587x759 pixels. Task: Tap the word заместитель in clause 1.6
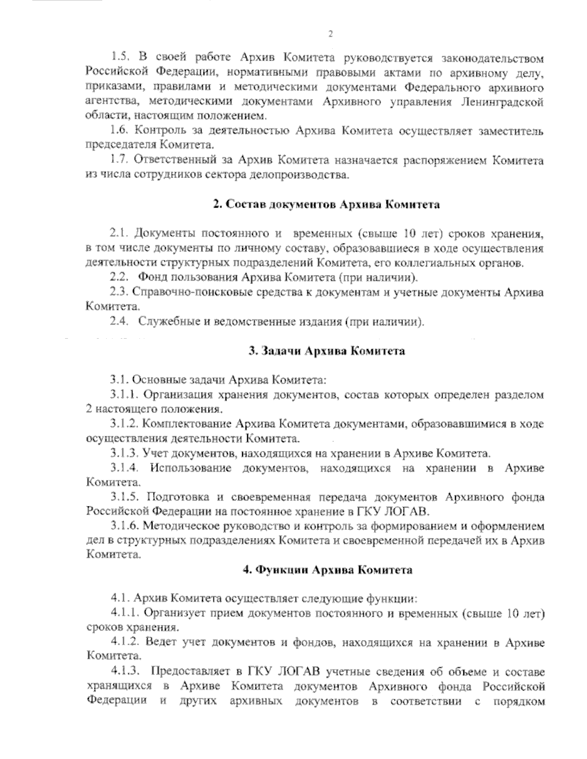[x=513, y=131]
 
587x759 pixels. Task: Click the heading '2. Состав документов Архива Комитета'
[x=326, y=205]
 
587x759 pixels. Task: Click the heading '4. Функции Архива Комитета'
[x=327, y=570]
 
